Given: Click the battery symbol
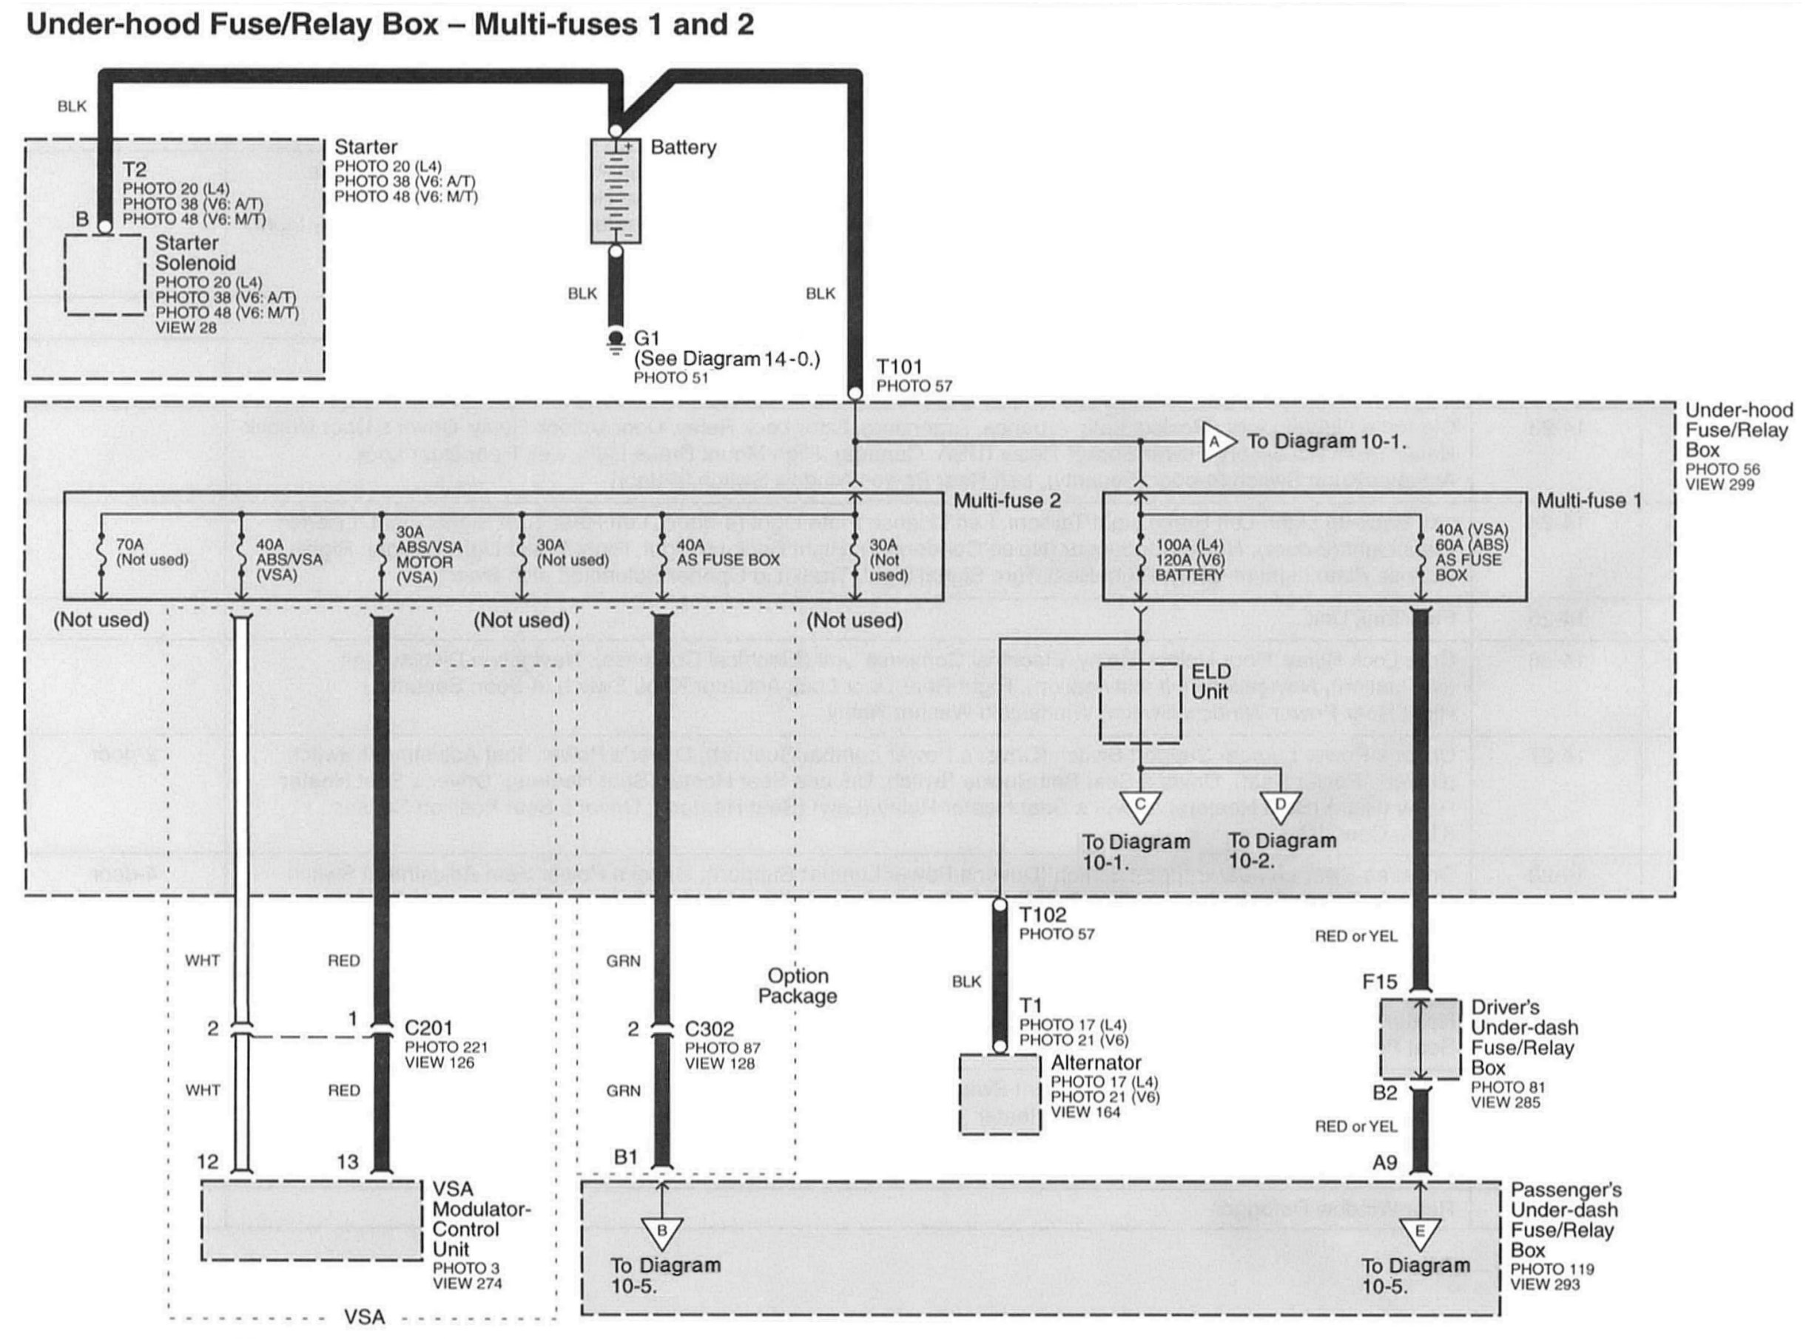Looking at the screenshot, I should point(616,191).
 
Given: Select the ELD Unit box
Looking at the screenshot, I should point(1139,702).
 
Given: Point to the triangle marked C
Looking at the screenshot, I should point(1139,807).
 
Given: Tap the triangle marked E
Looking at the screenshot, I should point(1419,1233).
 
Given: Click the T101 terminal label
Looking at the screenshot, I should point(899,367).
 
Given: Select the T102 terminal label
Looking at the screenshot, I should point(1042,915).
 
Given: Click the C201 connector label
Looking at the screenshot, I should point(428,1028).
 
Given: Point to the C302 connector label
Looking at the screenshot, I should point(709,1028).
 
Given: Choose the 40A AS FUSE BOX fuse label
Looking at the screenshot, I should point(728,553).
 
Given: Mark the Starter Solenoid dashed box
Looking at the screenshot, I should point(104,276).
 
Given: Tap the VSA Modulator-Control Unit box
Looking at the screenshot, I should point(311,1221).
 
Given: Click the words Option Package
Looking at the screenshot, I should point(798,986).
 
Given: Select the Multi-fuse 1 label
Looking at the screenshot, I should point(1589,501).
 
